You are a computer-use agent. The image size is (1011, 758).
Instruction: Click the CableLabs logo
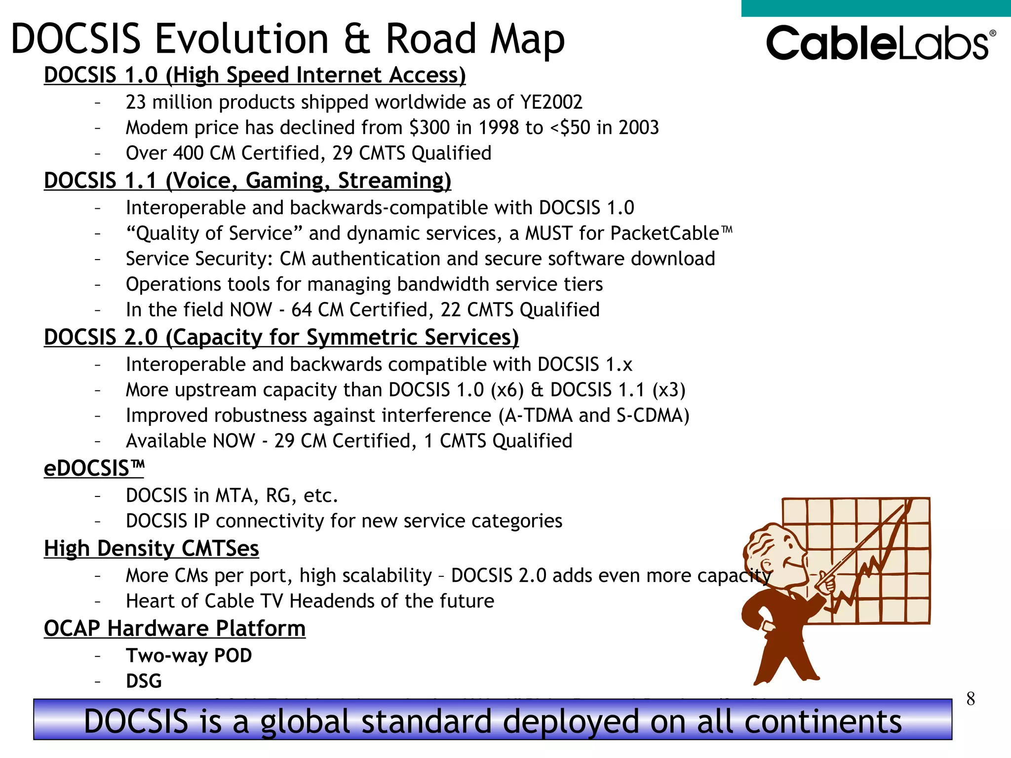tap(880, 43)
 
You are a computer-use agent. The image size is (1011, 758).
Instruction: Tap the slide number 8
tap(970, 699)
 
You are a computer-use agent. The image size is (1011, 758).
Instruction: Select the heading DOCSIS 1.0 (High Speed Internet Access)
tap(255, 76)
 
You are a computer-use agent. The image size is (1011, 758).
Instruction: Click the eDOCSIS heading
tap(94, 468)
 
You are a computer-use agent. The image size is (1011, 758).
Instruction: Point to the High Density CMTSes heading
tap(151, 549)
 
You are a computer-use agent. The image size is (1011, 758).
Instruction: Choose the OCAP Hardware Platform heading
tap(174, 629)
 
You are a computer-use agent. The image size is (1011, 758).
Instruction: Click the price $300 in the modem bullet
tap(429, 128)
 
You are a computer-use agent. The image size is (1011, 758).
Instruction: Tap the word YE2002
tap(551, 102)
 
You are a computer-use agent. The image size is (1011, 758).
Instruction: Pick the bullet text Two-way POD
tap(189, 656)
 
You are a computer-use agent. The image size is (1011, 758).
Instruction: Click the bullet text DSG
tap(144, 682)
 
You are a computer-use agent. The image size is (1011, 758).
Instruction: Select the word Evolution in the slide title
tap(241, 39)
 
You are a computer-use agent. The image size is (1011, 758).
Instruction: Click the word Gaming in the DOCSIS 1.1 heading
tap(287, 181)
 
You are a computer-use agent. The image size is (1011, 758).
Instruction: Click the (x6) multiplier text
tap(507, 390)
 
